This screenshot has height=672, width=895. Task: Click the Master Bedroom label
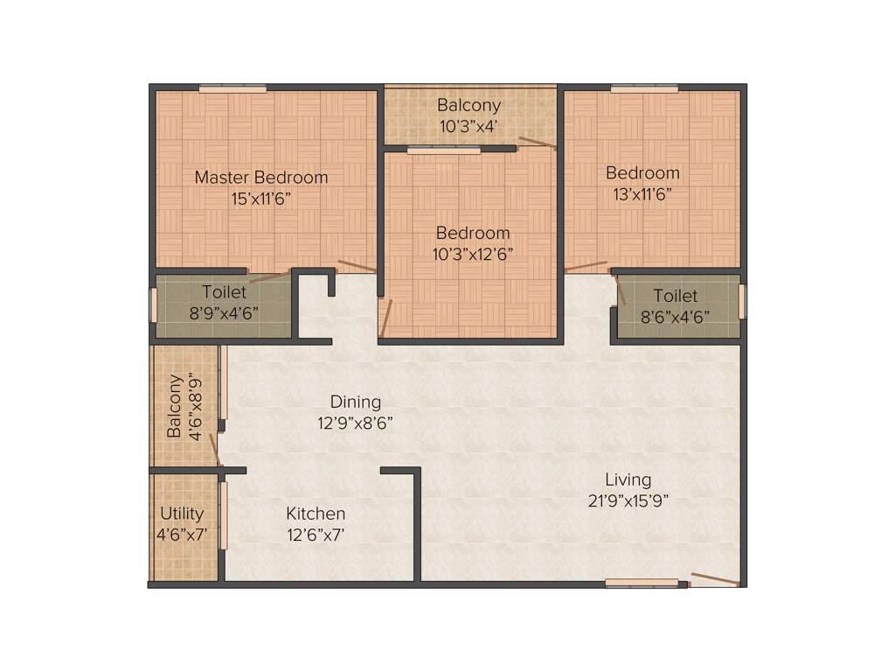261,178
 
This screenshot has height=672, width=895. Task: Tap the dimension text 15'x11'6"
261,199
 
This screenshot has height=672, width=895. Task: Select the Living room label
628,479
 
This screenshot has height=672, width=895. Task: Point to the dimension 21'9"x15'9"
628,500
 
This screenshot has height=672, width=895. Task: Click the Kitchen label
316,514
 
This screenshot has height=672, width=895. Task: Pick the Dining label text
356,402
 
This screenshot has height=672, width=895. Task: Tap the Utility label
182,514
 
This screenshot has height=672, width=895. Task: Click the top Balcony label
469,106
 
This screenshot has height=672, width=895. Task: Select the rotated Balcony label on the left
175,406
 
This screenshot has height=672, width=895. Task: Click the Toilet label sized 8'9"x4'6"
225,292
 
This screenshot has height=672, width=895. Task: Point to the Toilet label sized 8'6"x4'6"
676,297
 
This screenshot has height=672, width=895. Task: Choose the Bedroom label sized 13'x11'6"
642,172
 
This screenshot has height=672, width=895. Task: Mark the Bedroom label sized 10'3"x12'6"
473,234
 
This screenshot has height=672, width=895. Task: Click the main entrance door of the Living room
715,579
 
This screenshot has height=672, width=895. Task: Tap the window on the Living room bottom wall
642,583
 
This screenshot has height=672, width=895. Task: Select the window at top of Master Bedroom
232,87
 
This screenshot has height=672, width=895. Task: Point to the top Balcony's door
536,143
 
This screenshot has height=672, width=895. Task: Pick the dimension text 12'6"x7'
316,535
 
